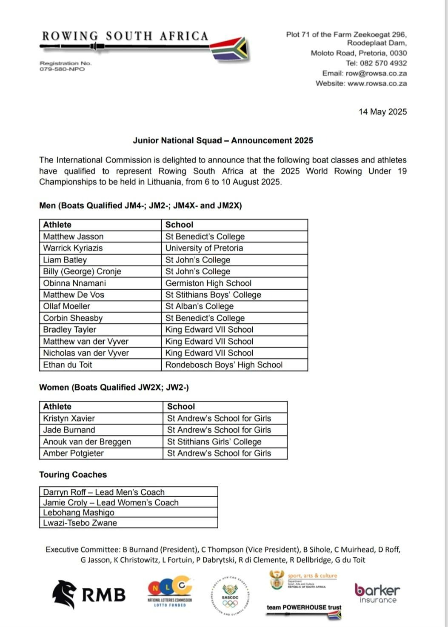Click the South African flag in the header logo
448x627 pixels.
coord(230,49)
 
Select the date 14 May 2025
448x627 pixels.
coord(382,112)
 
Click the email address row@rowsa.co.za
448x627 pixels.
coord(376,74)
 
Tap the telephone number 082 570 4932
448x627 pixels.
coord(382,63)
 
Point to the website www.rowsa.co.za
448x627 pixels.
coord(377,84)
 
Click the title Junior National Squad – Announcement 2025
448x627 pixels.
coord(223,140)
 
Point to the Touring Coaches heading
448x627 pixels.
coord(73,475)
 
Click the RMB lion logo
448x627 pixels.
coord(65,594)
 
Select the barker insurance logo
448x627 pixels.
coord(377,593)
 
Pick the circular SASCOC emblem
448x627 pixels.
coord(230,596)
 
